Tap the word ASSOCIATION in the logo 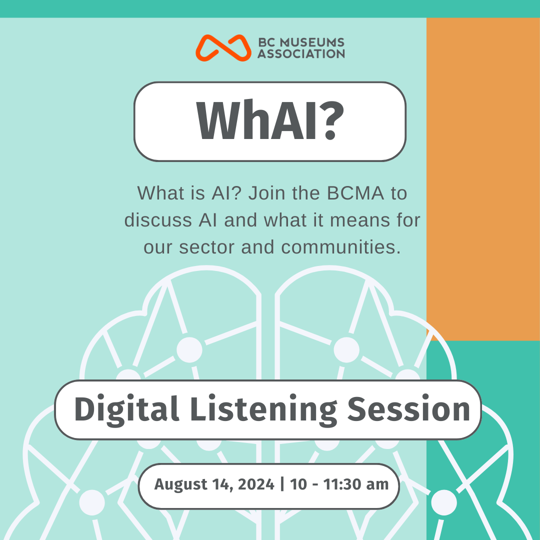coord(301,53)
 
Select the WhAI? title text coord(270,120)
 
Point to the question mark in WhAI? coord(330,120)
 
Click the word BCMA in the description coord(355,193)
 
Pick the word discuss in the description coord(158,220)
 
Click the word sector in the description coord(206,247)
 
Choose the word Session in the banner coord(408,409)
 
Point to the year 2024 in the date coord(256,484)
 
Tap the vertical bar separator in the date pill coord(282,484)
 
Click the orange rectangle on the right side coord(483,179)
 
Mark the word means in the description coord(360,221)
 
